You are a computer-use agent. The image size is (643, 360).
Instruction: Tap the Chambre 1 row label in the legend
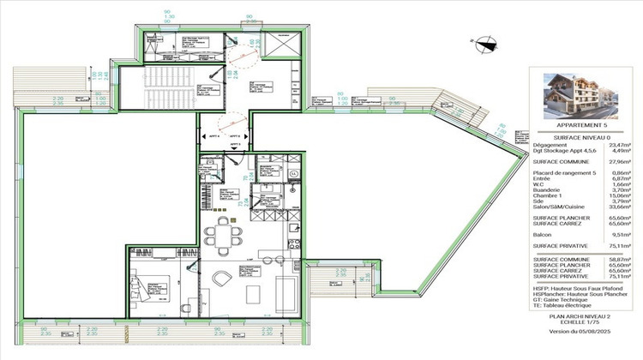(x=549, y=194)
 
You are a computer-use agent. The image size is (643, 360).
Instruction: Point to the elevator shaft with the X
(x=282, y=45)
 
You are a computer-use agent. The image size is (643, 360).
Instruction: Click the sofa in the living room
(x=285, y=288)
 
